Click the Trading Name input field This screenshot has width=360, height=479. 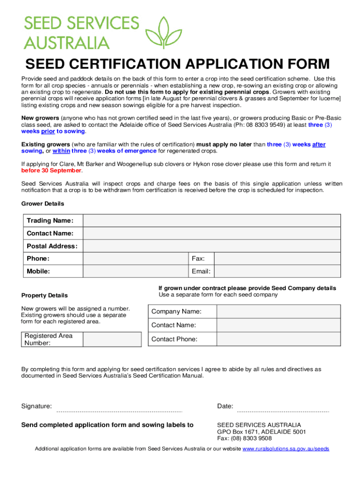click(x=211, y=221)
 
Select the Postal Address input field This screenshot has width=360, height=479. click(x=211, y=246)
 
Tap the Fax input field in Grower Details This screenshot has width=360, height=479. click(x=278, y=259)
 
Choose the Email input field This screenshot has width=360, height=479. click(x=278, y=271)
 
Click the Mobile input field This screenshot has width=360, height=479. click(x=135, y=271)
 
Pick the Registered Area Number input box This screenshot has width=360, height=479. click(x=112, y=339)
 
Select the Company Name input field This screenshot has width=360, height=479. click(x=279, y=312)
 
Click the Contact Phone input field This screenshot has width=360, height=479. click(x=279, y=339)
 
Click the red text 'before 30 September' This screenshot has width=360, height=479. click(x=52, y=171)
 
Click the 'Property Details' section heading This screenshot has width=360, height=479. click(x=44, y=296)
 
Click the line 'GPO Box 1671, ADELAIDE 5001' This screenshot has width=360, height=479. click(x=261, y=432)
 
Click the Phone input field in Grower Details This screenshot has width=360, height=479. click(x=135, y=259)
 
